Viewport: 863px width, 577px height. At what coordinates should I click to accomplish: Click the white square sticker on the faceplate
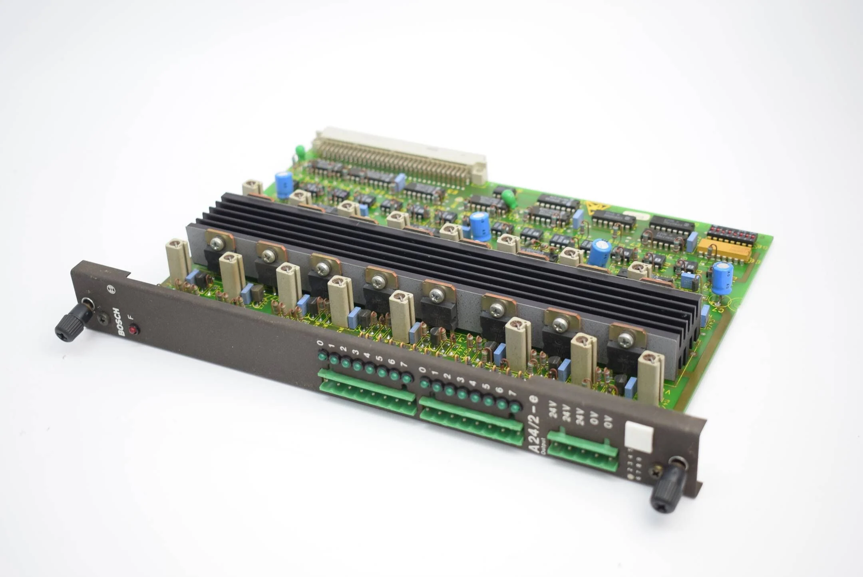point(639,437)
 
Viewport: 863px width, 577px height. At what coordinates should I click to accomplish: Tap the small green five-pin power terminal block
point(583,450)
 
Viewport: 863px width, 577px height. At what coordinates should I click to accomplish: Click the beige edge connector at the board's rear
point(400,156)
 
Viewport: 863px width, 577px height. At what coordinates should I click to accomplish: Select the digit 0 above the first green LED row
point(320,342)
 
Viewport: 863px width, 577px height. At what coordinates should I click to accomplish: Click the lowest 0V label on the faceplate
point(608,422)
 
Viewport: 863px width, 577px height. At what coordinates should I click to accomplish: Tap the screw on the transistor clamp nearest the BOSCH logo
point(217,242)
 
